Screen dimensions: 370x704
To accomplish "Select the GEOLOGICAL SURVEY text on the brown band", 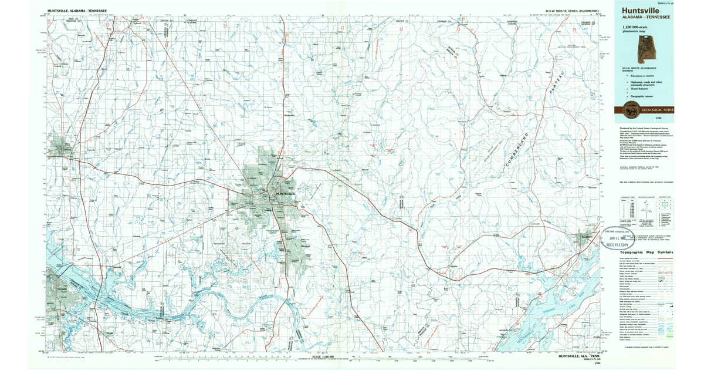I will [x=656, y=110].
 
